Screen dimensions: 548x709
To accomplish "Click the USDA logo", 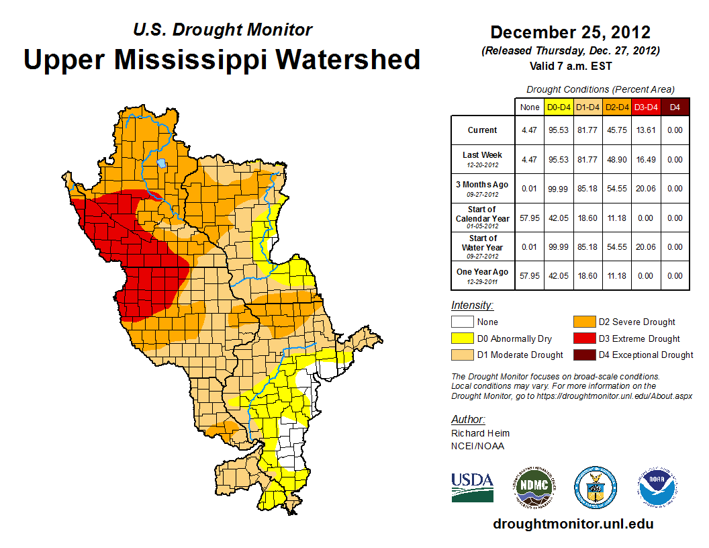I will pos(472,487).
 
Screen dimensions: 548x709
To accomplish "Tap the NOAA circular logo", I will pos(657,487).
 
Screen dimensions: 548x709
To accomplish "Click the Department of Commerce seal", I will pos(595,487).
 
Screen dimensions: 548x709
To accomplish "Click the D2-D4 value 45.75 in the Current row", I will pos(616,130).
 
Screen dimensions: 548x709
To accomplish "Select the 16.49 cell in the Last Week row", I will pos(645,160).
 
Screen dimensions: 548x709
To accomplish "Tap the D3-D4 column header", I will pos(645,107).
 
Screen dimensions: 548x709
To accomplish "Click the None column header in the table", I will pos(529,107).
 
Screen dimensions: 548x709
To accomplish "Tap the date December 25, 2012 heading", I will pos(570,32).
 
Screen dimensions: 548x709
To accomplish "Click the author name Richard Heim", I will pos(480,433).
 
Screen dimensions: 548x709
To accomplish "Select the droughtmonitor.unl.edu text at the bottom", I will pos(573,524).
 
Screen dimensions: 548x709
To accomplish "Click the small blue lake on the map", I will pos(161,163).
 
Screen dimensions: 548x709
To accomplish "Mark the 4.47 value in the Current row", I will pos(529,130).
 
